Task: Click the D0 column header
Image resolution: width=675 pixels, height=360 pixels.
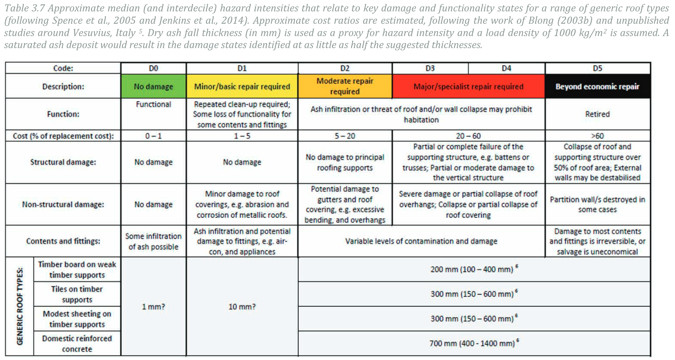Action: (x=153, y=68)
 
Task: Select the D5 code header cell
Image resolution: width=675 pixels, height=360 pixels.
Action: (x=597, y=68)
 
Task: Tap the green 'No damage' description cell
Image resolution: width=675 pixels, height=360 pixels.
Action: (x=153, y=86)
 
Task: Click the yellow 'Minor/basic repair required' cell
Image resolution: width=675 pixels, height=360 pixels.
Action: (x=242, y=86)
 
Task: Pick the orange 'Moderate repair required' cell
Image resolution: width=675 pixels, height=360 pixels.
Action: (x=345, y=86)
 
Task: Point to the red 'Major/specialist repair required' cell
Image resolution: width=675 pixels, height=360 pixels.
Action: (x=468, y=86)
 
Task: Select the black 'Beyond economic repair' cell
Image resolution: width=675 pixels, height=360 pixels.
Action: (x=597, y=86)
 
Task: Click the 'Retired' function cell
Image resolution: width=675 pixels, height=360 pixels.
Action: (x=597, y=114)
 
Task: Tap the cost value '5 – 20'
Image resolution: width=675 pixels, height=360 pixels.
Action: (x=345, y=136)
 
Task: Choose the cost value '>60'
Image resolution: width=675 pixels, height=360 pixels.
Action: (x=597, y=136)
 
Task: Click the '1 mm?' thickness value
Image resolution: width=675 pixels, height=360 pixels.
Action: (x=153, y=306)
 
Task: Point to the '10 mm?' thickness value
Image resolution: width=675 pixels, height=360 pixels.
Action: (x=242, y=306)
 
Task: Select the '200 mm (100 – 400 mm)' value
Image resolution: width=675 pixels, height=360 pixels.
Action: (x=472, y=269)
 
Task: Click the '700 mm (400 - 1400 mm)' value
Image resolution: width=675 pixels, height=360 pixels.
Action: (x=472, y=343)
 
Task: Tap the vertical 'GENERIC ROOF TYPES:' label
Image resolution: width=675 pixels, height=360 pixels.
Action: (x=20, y=306)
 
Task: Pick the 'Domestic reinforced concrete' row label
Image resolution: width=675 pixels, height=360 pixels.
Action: (x=77, y=343)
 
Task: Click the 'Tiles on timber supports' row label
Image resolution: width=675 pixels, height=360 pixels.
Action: (x=77, y=294)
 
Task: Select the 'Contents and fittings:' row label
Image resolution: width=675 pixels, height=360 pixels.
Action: (x=63, y=241)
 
